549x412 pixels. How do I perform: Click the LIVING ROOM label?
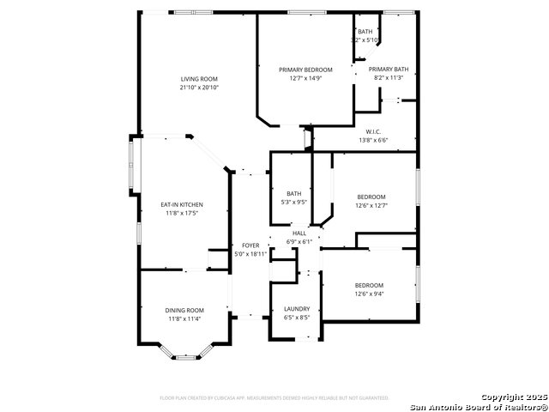click(198, 79)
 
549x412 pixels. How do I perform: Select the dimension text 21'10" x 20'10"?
click(198, 88)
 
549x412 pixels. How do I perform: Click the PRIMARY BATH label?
click(388, 70)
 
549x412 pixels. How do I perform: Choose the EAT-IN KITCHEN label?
click(182, 205)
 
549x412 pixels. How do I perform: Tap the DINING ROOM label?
click(184, 310)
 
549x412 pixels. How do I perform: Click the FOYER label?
click(250, 245)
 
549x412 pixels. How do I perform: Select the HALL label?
click(299, 233)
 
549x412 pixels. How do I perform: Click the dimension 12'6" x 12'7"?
click(371, 205)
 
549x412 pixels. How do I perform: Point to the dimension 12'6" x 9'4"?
click(369, 294)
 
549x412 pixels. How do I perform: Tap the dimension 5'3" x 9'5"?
click(294, 203)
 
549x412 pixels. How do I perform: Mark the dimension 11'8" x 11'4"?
click(184, 318)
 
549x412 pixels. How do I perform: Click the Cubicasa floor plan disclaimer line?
click(274, 398)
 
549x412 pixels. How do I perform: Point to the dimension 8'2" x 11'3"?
click(388, 78)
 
